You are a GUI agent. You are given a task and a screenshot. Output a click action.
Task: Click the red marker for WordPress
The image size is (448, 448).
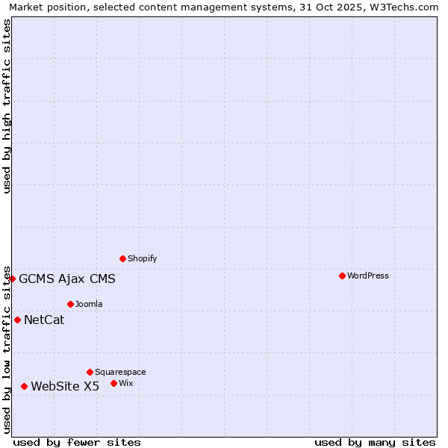click(x=342, y=276)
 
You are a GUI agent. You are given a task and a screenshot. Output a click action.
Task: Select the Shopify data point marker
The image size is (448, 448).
click(x=122, y=258)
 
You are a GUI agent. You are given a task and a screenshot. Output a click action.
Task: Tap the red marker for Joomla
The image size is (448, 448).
click(x=70, y=304)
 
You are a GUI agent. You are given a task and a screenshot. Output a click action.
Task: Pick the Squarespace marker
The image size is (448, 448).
click(x=90, y=372)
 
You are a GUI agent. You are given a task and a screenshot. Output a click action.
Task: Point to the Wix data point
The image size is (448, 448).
click(x=113, y=383)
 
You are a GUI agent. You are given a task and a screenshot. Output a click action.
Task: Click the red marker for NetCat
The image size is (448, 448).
click(x=17, y=320)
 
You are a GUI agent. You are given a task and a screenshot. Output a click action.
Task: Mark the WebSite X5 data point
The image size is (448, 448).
click(x=24, y=386)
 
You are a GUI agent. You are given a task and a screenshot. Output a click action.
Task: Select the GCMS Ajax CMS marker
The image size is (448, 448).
click(x=12, y=279)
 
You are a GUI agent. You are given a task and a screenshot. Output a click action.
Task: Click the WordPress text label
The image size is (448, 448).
click(x=367, y=276)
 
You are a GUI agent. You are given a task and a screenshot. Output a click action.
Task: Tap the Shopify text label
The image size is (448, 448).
click(x=142, y=258)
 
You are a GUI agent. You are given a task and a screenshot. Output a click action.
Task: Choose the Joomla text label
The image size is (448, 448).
click(x=89, y=304)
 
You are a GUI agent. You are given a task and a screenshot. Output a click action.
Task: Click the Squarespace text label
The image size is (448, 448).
click(x=120, y=372)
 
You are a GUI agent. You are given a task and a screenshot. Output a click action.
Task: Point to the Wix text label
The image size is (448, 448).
click(x=125, y=383)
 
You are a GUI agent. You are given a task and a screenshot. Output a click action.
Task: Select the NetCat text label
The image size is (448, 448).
click(x=44, y=320)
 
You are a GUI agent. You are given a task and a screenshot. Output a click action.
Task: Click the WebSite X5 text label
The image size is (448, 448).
click(x=65, y=386)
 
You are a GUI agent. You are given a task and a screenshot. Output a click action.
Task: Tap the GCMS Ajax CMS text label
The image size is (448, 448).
click(x=67, y=279)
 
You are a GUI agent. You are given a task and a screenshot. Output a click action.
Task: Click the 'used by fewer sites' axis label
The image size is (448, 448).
click(x=77, y=442)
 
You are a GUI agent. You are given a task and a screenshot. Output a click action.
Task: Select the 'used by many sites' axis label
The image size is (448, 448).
click(x=375, y=442)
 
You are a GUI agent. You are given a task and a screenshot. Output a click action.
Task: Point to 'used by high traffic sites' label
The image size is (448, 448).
click(x=7, y=106)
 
